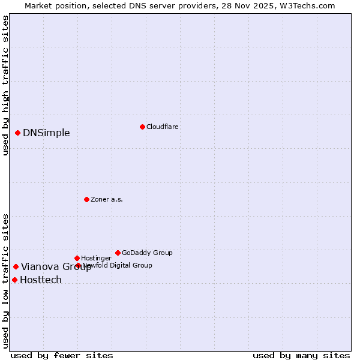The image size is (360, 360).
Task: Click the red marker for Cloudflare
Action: pos(142,127)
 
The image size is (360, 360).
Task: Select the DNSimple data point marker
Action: pos(18,133)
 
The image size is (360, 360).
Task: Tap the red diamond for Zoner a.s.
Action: pos(86,199)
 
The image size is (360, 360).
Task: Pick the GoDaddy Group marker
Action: pos(118,253)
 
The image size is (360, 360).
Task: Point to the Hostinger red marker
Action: pos(77,258)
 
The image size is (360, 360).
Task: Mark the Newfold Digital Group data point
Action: pos(78,265)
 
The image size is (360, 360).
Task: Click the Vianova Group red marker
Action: pos(16,266)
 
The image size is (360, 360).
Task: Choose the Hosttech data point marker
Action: pos(14,280)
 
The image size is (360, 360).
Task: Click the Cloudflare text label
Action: pos(163,127)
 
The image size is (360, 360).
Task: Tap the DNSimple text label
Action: pos(46,133)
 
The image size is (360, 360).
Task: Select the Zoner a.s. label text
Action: pos(107,199)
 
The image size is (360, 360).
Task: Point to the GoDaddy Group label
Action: pos(147,253)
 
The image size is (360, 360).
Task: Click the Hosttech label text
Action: pos(41,280)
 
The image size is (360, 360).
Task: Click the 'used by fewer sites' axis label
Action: pos(62,355)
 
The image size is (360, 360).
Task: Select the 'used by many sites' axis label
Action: pos(301,355)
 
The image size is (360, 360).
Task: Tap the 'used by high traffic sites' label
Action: pos(6,85)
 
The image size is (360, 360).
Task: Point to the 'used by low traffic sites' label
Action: pos(6,281)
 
